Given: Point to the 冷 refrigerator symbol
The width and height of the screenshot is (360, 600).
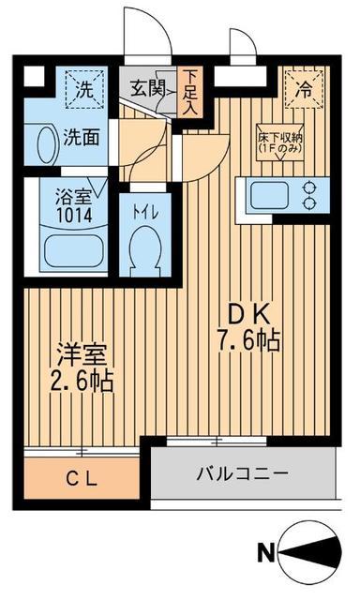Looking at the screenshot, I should tap(306, 93).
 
